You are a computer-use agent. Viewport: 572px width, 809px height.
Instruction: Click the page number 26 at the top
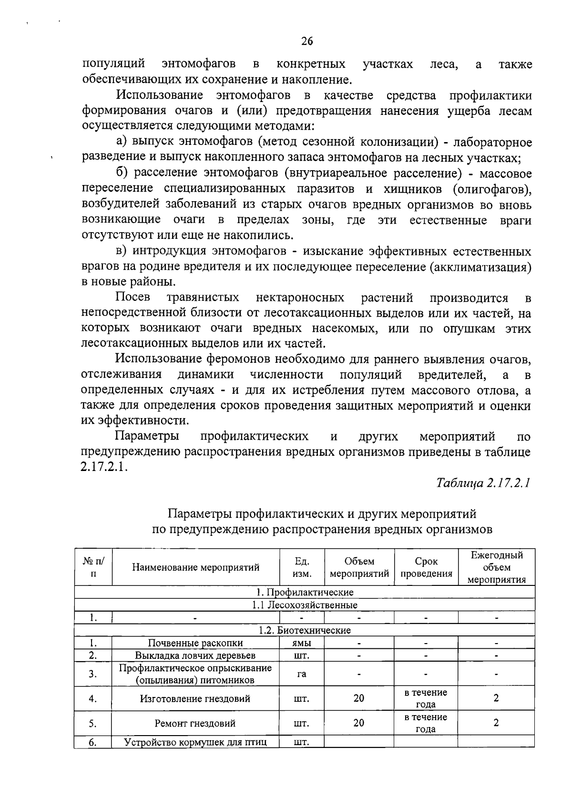coord(307,41)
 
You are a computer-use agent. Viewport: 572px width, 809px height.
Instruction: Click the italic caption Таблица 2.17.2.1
coord(483,483)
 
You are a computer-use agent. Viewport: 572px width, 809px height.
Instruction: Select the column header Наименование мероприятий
coord(195,567)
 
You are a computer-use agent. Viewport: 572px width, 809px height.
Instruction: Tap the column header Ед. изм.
coord(302,567)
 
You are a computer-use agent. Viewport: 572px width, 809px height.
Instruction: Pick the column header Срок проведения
coord(426,567)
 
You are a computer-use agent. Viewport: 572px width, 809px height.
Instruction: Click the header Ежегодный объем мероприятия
coord(496,567)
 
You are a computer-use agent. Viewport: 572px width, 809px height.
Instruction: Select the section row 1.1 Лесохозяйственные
coord(305,605)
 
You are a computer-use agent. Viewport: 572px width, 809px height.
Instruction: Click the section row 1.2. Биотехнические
coord(305,630)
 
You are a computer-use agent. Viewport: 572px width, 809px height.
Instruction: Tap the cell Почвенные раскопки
coord(195,643)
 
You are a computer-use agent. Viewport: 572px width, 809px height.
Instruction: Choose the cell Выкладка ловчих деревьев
coord(195,655)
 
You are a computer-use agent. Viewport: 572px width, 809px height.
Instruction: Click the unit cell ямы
coord(302,643)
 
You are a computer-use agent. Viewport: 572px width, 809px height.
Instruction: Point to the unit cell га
coord(302,674)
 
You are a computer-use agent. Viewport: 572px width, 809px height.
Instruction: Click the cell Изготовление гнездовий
coord(195,699)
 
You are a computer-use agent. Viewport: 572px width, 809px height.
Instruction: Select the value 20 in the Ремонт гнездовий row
coord(359,723)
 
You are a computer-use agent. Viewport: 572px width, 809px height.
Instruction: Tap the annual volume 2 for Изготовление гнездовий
coord(496,698)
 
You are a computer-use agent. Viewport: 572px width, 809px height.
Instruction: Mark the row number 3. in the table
coord(93,674)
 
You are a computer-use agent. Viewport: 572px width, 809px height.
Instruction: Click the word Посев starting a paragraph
coord(133,298)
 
